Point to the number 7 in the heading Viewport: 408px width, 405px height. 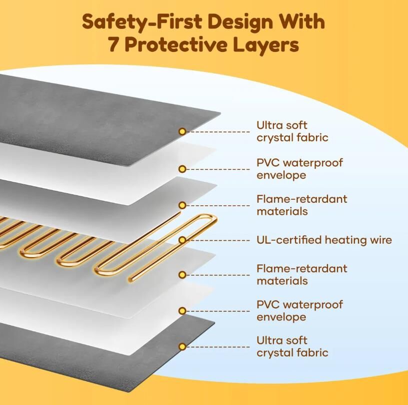pyautogui.click(x=113, y=45)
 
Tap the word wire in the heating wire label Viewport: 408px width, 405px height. pyautogui.click(x=379, y=240)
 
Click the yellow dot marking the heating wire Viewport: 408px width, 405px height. pyautogui.click(x=182, y=240)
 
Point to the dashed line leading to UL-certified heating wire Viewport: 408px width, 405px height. pyautogui.click(x=217, y=240)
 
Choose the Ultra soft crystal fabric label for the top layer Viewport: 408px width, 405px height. pyautogui.click(x=292, y=131)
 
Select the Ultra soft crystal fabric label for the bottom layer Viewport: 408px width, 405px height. pyautogui.click(x=292, y=347)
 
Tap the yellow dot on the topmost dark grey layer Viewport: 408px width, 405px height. pyautogui.click(x=182, y=131)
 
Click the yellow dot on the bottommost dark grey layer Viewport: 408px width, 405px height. pyautogui.click(x=182, y=347)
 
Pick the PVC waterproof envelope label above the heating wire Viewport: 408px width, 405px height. pyautogui.click(x=299, y=169)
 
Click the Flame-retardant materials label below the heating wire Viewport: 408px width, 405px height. pyautogui.click(x=301, y=275)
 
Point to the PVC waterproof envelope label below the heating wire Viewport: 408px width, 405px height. pyautogui.click(x=299, y=311)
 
